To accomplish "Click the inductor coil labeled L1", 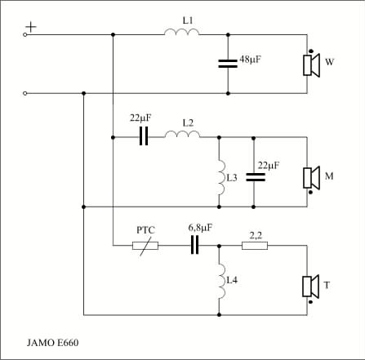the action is tap(181, 33).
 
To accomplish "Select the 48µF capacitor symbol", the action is tap(228, 64).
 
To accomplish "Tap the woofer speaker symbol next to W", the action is tap(311, 65).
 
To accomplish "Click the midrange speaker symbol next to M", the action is tap(311, 178).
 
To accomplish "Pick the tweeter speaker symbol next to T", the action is tap(310, 287).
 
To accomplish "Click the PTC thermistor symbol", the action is tap(145, 246).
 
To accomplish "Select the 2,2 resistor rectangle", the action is tap(255, 246).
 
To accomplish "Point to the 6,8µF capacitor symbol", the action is tap(194, 245).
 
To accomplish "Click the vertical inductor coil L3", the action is tap(222, 177).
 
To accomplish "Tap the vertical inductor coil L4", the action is tap(222, 281).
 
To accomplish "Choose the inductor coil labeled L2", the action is tap(182, 135).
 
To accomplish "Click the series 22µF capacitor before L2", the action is tap(144, 136).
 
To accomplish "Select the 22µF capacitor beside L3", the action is tap(256, 177).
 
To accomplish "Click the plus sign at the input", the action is tap(31, 27).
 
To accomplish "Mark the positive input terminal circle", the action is tap(24, 34).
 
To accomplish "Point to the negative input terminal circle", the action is tap(24, 93).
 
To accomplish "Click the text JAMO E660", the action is tap(52, 343).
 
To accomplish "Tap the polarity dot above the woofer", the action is tap(310, 51).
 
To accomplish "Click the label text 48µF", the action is tap(250, 60).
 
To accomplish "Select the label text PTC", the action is tap(145, 230).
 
